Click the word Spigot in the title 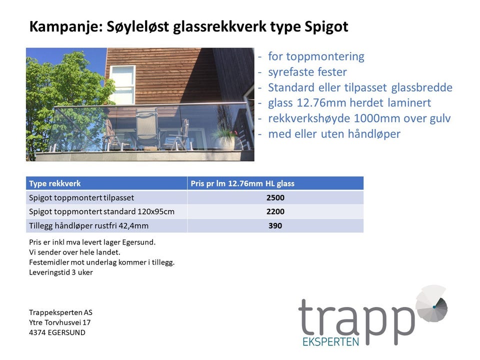coord(326,27)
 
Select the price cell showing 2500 coord(275,198)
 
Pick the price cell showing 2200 coord(275,211)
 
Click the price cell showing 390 coord(275,226)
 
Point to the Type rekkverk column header coord(55,183)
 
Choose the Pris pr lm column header coord(242,183)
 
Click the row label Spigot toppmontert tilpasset coord(81,198)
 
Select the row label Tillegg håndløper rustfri coord(89,226)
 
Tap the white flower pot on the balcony coord(225,143)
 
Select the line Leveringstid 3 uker coord(61,272)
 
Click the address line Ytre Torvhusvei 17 coord(59,322)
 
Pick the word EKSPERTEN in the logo coord(330,341)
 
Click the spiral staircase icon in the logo coord(431,303)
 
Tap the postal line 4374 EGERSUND coord(57,332)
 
